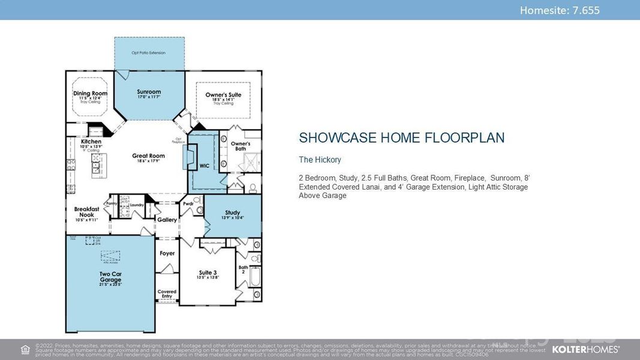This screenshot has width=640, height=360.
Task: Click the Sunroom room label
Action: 149,92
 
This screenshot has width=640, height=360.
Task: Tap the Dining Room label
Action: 90,94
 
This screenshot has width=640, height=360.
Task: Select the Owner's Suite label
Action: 223,95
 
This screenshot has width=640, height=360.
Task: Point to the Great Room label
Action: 148,156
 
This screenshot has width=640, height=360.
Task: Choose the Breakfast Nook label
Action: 86,212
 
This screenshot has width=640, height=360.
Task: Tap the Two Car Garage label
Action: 110,277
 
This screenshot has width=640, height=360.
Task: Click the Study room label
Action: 233,213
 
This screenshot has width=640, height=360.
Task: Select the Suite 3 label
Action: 208,273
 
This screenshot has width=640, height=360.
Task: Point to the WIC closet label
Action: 205,166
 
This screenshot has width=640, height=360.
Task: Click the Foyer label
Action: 167,253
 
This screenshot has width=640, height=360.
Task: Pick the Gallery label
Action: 167,220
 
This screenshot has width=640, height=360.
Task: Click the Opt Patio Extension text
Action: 149,53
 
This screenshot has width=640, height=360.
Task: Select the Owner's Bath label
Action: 241,146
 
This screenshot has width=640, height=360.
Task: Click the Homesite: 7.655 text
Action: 559,10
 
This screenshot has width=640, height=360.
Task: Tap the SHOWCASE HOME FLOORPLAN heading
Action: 401,138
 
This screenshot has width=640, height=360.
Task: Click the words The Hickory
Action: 320,160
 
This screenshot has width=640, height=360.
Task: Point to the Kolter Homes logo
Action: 585,349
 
